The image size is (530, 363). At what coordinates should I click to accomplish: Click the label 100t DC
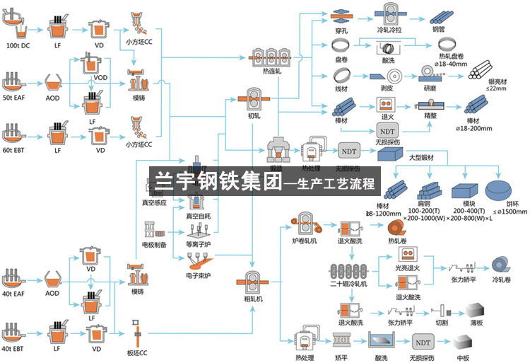18,45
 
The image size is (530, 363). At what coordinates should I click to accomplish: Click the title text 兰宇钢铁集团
214,182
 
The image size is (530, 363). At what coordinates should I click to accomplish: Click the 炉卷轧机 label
305,241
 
